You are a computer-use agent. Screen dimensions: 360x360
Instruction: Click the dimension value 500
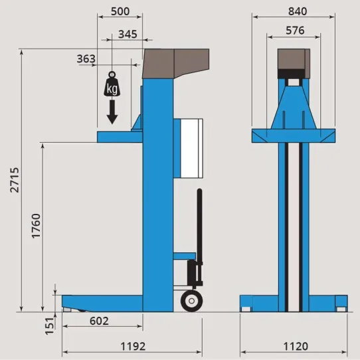(120, 11)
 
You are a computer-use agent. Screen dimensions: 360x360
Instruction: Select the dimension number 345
(128, 35)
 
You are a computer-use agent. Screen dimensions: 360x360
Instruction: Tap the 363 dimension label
(86, 58)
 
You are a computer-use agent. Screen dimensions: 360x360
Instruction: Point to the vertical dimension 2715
(15, 180)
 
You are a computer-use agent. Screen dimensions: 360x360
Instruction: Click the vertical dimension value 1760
(37, 226)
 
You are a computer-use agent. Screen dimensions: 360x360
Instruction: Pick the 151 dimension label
(50, 326)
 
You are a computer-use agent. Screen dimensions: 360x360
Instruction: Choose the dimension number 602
(99, 321)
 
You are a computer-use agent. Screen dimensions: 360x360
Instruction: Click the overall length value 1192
(133, 347)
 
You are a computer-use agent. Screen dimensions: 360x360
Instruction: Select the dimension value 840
(298, 11)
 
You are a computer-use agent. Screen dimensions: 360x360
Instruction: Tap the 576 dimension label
(295, 31)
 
